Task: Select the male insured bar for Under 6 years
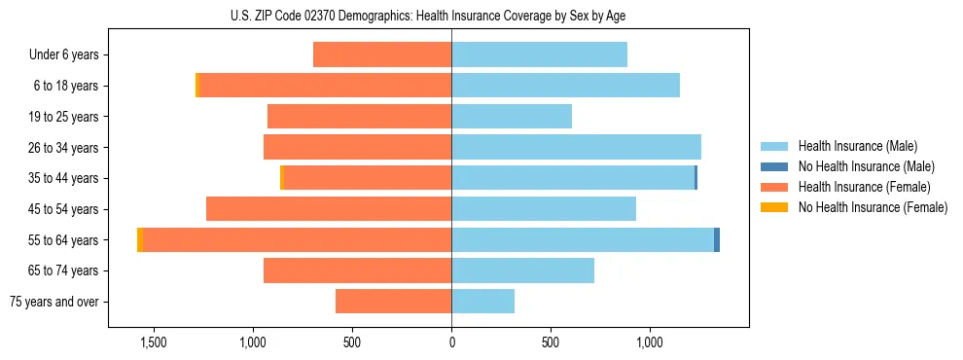coord(539,54)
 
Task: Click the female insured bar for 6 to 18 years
coord(325,86)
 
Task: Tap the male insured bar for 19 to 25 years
coord(512,117)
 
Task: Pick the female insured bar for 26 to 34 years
coord(357,147)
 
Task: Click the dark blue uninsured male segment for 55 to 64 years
coord(717,239)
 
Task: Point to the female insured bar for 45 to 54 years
coord(329,208)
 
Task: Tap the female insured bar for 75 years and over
coord(393,302)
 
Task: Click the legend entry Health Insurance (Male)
coord(857,147)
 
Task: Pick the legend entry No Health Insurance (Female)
coord(872,206)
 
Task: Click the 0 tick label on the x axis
coord(451,342)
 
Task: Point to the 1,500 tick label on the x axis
coord(154,342)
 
